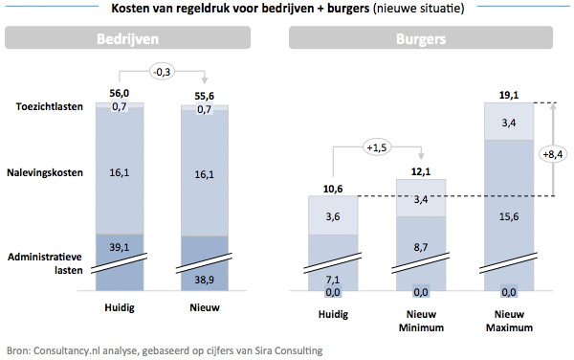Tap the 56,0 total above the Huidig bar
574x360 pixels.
click(119, 92)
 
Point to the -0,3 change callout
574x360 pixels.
click(162, 69)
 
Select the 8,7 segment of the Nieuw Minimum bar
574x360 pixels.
click(420, 247)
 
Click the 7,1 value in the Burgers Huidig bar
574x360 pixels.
click(334, 280)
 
